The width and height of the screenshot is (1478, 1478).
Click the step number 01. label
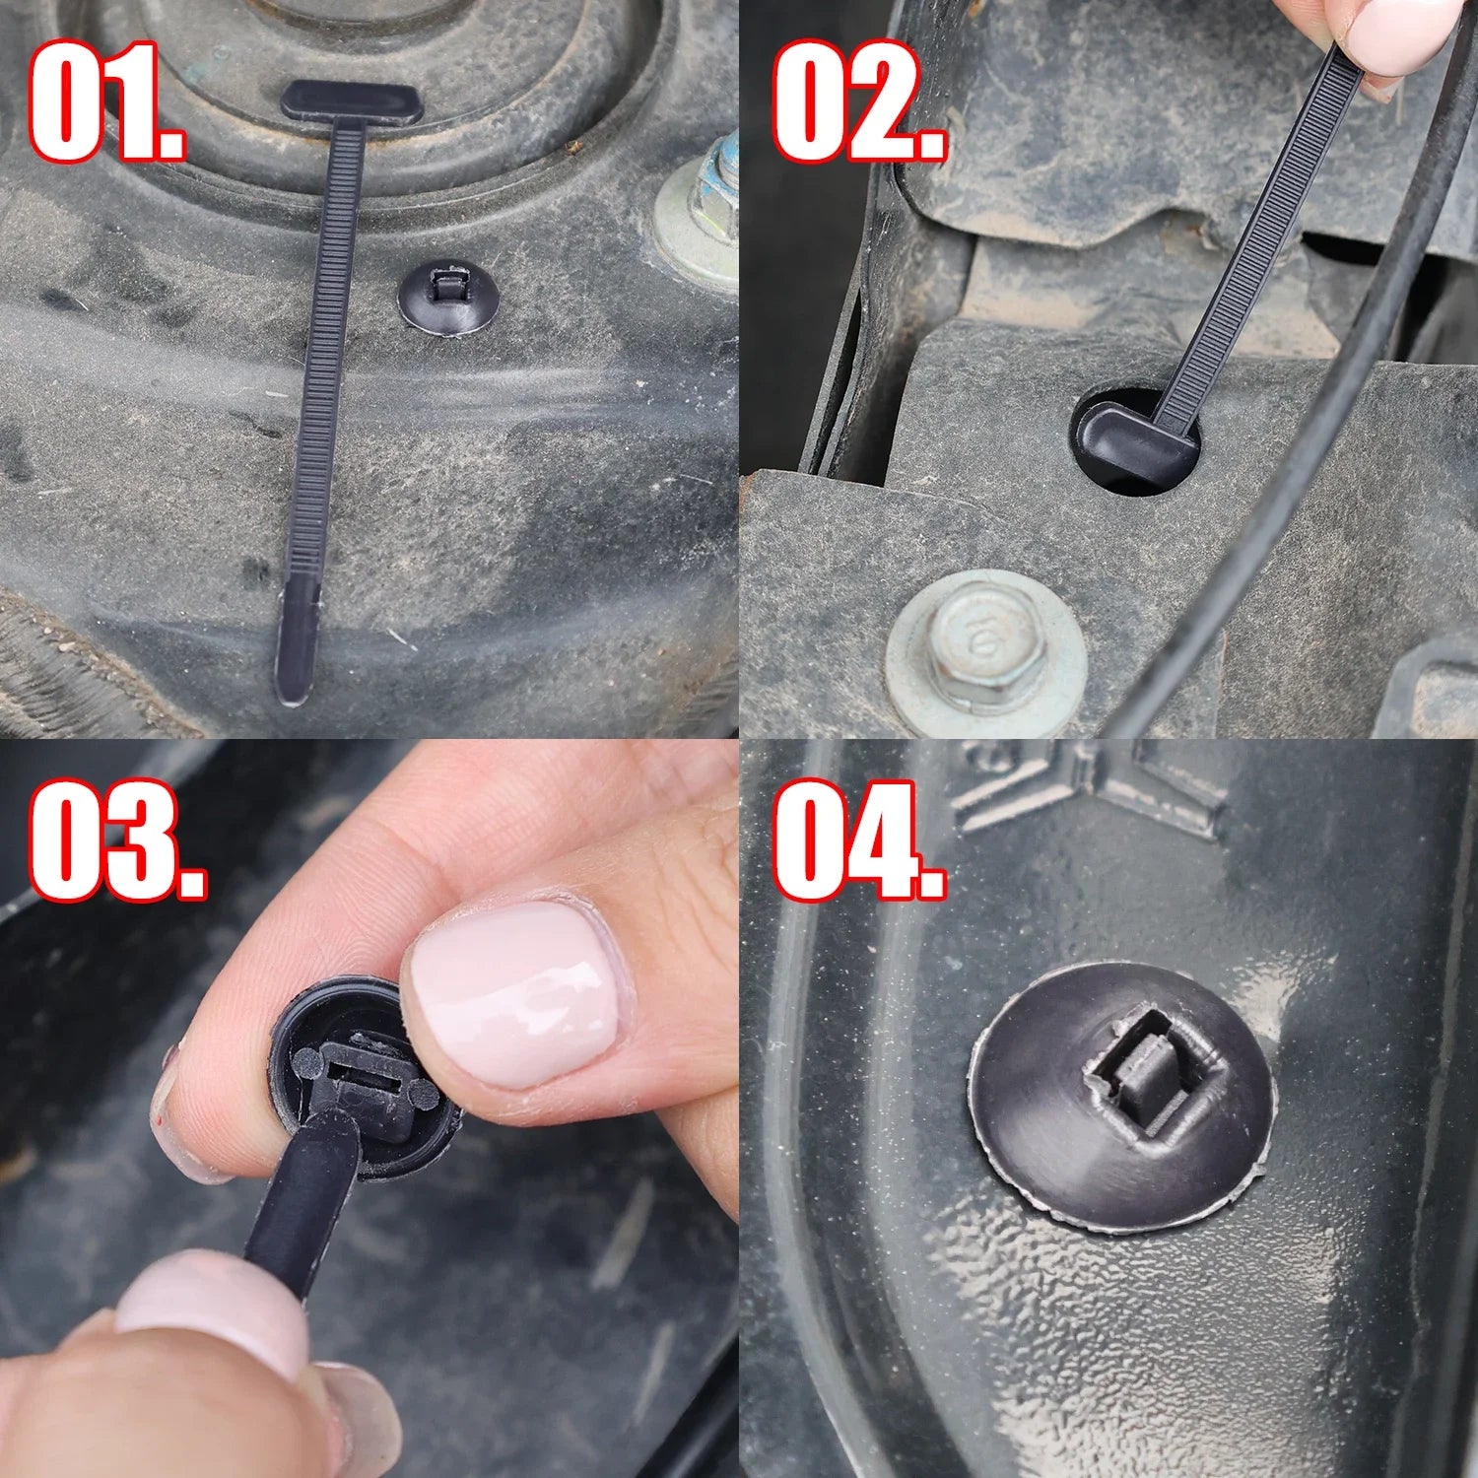click(106, 101)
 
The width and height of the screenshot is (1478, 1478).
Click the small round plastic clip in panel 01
click(445, 296)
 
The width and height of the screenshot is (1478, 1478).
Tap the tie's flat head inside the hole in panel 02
click(1133, 443)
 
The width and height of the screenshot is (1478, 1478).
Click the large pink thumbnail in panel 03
click(517, 995)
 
